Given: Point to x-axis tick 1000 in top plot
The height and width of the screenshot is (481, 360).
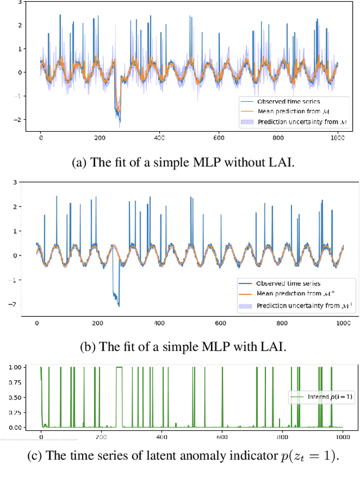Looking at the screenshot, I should click(337, 138).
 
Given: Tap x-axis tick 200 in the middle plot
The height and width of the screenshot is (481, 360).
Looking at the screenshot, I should click(98, 323).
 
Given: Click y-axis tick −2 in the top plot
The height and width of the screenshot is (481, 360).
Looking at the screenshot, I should click(18, 120).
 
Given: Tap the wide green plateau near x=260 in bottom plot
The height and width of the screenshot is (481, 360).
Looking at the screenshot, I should click(119, 367).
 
